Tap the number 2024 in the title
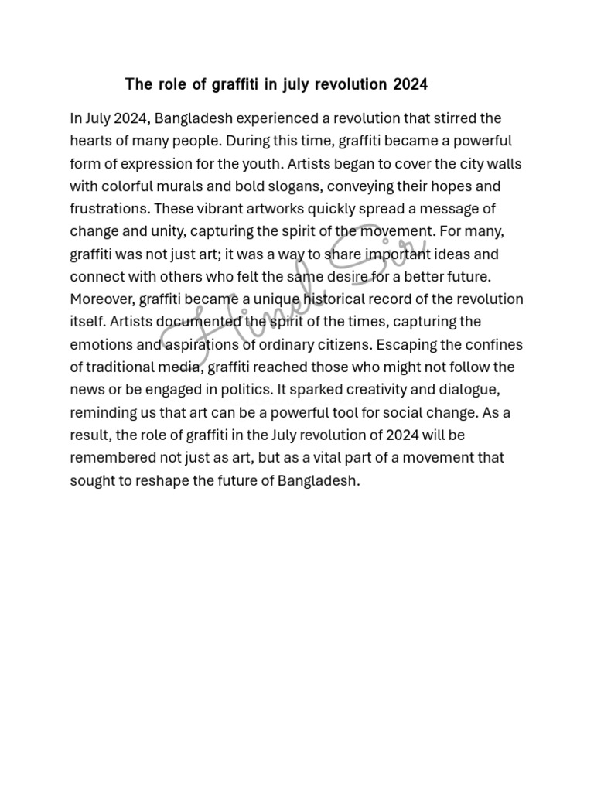pos(410,84)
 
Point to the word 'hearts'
pos(90,142)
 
